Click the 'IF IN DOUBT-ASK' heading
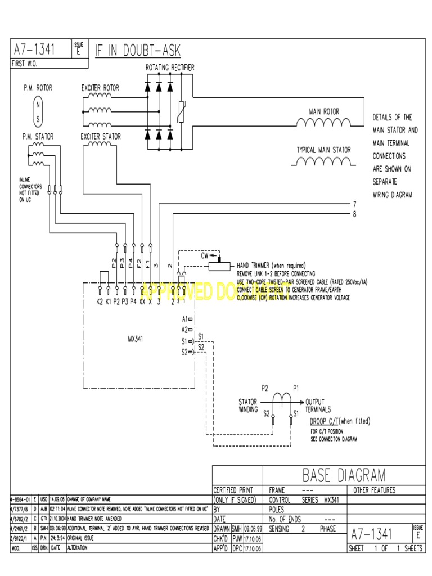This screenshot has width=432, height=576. coord(137,50)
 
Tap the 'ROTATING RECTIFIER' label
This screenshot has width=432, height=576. coord(170,67)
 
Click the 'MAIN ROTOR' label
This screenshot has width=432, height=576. coord(324,111)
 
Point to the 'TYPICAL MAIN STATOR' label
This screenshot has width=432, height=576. coord(323,150)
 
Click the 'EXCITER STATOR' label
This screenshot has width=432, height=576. coord(101,136)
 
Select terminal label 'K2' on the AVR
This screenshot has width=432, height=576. coord(100,302)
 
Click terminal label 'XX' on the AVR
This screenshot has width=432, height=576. coord(142,302)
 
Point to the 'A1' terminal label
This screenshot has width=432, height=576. coord(184,319)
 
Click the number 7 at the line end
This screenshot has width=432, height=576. coord(354,204)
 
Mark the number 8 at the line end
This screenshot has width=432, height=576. coord(354,214)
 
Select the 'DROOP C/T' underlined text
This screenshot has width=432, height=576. coord(324,421)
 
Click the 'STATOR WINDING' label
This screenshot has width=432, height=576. coord(248,406)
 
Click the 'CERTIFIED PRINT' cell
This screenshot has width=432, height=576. coord(233,490)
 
